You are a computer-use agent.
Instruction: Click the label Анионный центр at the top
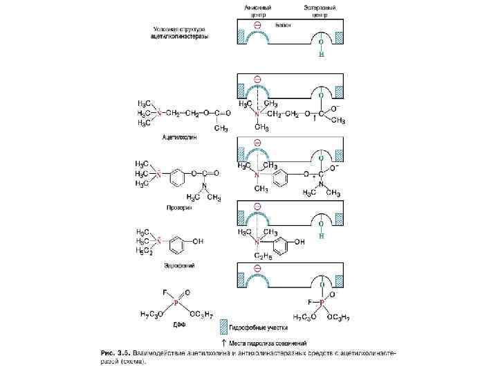coord(257,10)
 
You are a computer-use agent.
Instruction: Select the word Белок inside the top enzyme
coord(282,25)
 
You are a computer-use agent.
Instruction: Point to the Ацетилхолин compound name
coord(179,138)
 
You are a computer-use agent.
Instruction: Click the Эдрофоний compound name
coord(178,265)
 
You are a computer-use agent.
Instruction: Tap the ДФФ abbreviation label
coord(178,323)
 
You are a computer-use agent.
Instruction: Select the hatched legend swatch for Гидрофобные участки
coord(223,324)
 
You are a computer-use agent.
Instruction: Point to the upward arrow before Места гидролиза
coord(222,342)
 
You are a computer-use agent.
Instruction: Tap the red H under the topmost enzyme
coord(321,55)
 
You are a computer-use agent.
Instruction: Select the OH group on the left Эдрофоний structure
coord(199,242)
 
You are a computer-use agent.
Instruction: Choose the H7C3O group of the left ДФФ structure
coord(153,315)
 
